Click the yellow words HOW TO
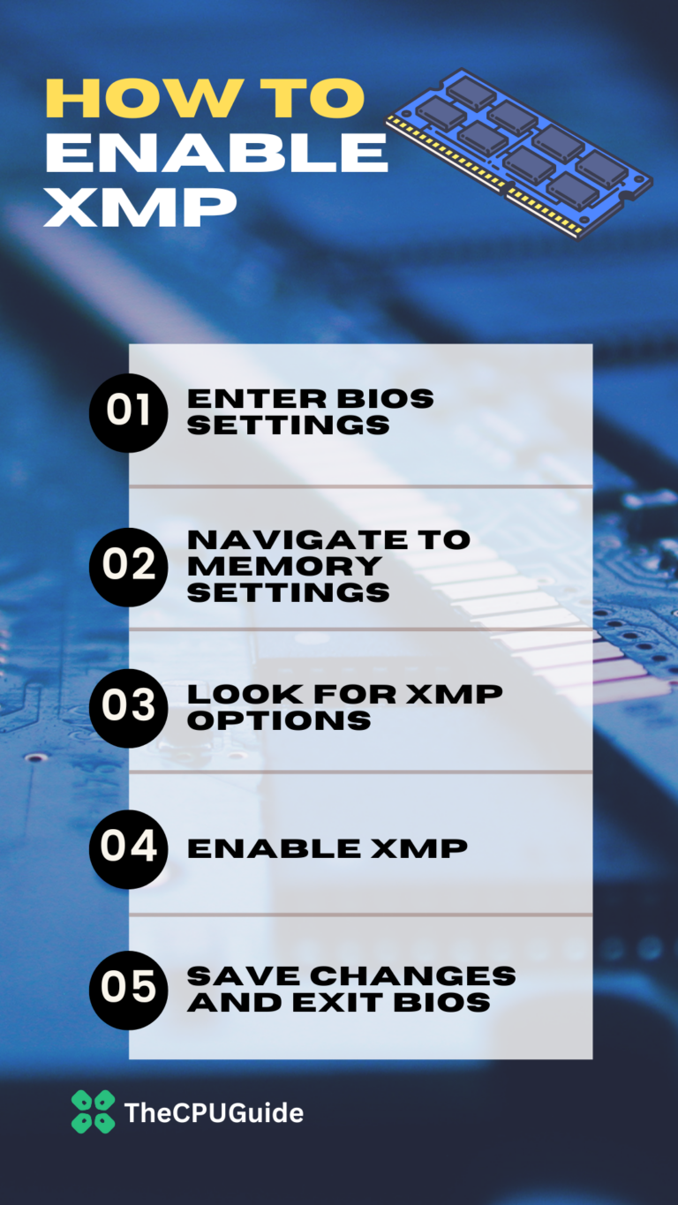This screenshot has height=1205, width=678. tap(204, 100)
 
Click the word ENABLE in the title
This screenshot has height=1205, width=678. tap(216, 154)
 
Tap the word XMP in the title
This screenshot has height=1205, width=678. tap(140, 208)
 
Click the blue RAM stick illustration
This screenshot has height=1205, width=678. tap(520, 153)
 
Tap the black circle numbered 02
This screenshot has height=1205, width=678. tap(128, 566)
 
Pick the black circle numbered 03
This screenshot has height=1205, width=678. tap(128, 707)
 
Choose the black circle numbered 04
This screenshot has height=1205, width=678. tap(128, 848)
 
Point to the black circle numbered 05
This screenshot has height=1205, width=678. tap(128, 990)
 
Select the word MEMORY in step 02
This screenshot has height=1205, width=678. tap(283, 565)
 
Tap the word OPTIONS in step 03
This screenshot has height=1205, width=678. tap(278, 719)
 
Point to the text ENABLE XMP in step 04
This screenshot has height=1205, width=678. tap(327, 848)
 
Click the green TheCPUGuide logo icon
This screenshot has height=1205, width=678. tap(93, 1111)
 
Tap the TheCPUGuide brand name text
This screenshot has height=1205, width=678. tap(214, 1112)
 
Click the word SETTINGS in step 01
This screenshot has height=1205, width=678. tap(288, 425)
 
